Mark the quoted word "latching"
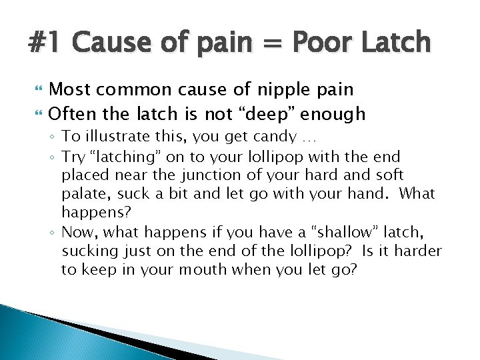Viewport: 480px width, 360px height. coord(146,157)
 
